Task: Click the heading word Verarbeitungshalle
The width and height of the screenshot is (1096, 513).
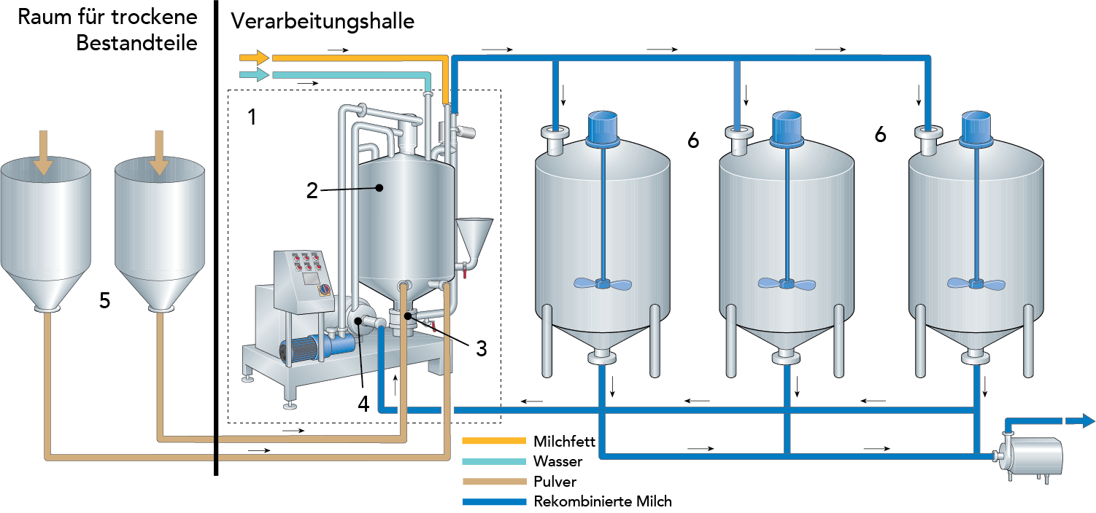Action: click(x=323, y=21)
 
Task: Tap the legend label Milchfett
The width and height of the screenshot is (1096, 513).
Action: click(x=564, y=442)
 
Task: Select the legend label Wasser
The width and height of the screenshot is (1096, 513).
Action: click(x=557, y=461)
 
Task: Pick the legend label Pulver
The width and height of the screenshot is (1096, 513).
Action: click(x=555, y=481)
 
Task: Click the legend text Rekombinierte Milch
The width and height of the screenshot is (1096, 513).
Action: click(x=603, y=501)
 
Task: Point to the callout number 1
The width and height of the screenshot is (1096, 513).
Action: click(x=252, y=117)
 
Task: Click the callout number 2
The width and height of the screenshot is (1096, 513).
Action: click(x=312, y=191)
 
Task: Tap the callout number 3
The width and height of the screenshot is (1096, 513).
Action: click(x=481, y=348)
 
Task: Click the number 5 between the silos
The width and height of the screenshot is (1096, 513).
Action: click(x=105, y=301)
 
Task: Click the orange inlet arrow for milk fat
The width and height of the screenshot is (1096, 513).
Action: click(x=255, y=58)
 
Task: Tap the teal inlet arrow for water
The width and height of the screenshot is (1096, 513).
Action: click(x=255, y=74)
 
